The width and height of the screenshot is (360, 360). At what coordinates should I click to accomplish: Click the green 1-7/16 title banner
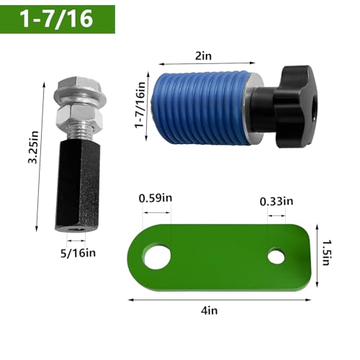[58, 19]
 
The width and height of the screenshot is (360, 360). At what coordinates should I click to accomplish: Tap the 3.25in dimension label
[33, 148]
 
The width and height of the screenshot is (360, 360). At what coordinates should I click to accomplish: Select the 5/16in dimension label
[78, 253]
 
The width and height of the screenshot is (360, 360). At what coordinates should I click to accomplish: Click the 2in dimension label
[203, 56]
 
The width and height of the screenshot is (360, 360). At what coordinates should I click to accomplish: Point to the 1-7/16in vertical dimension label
[140, 105]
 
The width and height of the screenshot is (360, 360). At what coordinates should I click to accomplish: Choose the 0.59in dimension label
[156, 198]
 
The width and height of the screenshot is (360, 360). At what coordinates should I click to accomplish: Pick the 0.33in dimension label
[276, 202]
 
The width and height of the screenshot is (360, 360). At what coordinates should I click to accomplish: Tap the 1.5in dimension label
[325, 253]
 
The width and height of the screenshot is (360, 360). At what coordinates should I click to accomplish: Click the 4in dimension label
[210, 310]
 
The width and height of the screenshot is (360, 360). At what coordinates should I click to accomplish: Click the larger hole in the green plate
[157, 257]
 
